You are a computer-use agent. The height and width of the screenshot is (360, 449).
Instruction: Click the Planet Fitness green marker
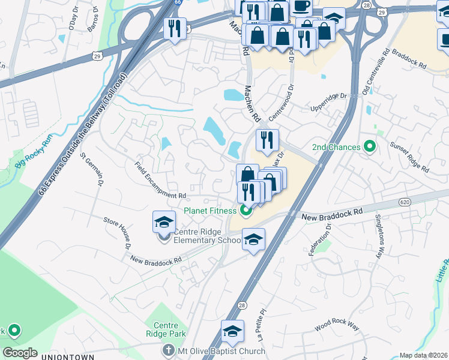[x=245, y=211]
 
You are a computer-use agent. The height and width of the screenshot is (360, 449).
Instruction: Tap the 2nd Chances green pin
[x=370, y=146]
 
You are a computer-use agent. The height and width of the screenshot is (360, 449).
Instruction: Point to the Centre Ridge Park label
[x=165, y=329]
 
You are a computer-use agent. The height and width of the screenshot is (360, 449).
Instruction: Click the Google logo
[x=20, y=353]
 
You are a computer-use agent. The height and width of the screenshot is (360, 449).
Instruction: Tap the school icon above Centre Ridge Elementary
[x=164, y=222]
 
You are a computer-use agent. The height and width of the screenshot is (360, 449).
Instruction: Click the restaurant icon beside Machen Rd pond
[x=267, y=140]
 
